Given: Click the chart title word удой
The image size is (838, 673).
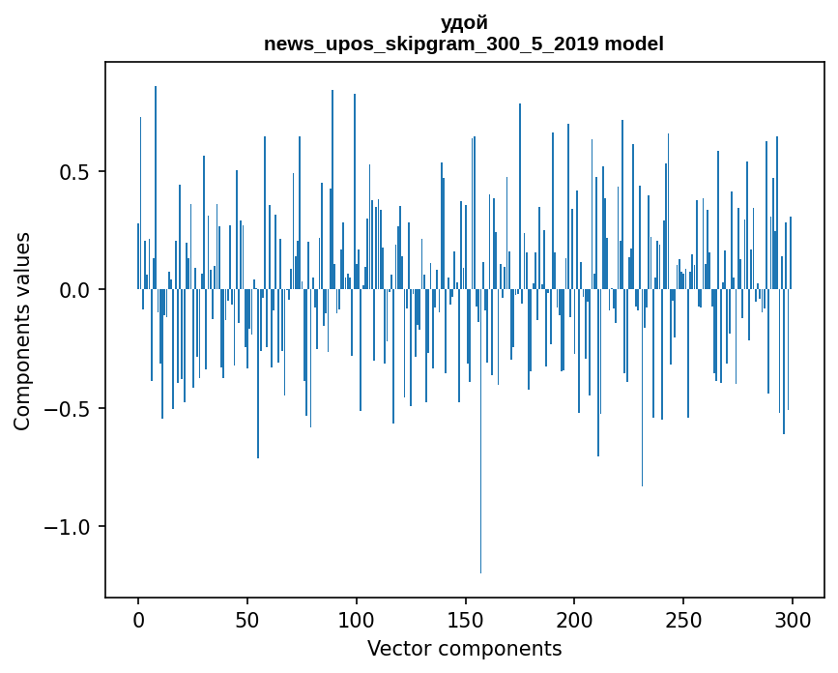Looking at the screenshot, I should tap(464, 23).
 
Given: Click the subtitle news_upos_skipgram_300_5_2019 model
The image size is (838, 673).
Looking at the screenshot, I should tap(464, 44).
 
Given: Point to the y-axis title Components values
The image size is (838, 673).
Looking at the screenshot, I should tap(22, 331).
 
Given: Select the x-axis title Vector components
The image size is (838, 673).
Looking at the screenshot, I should tap(464, 648).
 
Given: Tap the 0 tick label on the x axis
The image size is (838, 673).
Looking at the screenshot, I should tap(138, 619).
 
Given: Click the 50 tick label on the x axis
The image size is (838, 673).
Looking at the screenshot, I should tap(247, 619).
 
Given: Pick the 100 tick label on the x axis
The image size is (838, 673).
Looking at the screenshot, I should tap(357, 619).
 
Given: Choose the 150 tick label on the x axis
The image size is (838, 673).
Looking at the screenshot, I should tap(466, 619).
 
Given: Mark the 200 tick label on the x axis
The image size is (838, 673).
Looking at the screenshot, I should tap(574, 619).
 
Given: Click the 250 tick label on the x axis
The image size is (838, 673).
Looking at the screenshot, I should tap(683, 619).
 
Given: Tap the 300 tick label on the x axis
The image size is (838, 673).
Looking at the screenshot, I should tap(793, 619).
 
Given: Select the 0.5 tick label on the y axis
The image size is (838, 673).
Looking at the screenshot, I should tap(77, 172).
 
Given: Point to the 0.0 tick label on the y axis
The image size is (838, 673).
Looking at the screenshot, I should tap(77, 290).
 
